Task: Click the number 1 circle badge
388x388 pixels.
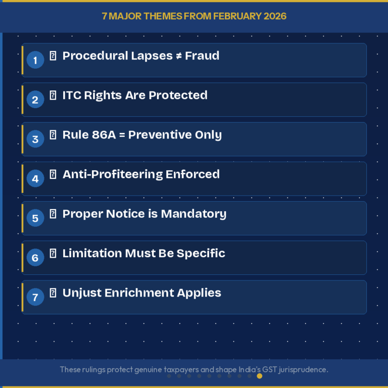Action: pyautogui.click(x=35, y=61)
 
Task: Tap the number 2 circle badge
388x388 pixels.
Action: pyautogui.click(x=35, y=100)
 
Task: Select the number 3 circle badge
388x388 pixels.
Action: pyautogui.click(x=35, y=139)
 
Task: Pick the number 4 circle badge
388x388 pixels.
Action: pyautogui.click(x=35, y=179)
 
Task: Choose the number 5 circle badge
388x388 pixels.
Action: pyautogui.click(x=35, y=218)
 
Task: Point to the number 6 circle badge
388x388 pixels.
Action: pyautogui.click(x=35, y=258)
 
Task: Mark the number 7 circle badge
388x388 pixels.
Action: pyautogui.click(x=35, y=297)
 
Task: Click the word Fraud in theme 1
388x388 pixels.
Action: pyautogui.click(x=202, y=56)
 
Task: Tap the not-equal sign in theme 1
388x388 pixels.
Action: pyautogui.click(x=178, y=56)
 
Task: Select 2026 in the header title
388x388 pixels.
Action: pyautogui.click(x=275, y=16)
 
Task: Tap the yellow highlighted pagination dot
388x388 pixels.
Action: pyautogui.click(x=260, y=376)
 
